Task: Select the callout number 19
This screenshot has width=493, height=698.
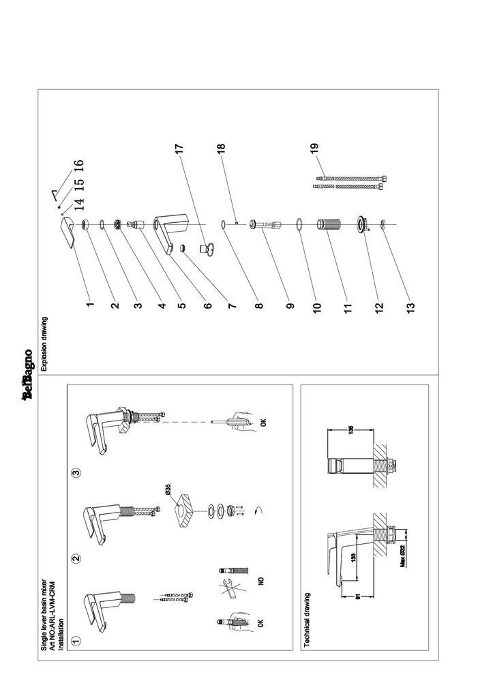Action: [315, 148]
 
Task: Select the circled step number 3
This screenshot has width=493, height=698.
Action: [76, 472]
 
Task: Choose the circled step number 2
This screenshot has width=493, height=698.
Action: [76, 558]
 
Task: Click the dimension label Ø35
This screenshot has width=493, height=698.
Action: [167, 490]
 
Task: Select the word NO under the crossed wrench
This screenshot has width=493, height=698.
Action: [260, 581]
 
